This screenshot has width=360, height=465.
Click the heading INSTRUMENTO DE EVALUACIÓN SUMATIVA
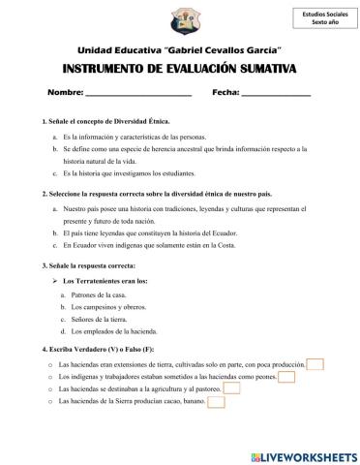(179, 69)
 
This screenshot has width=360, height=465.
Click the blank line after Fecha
(275, 94)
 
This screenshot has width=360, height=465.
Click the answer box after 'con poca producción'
(315, 363)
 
